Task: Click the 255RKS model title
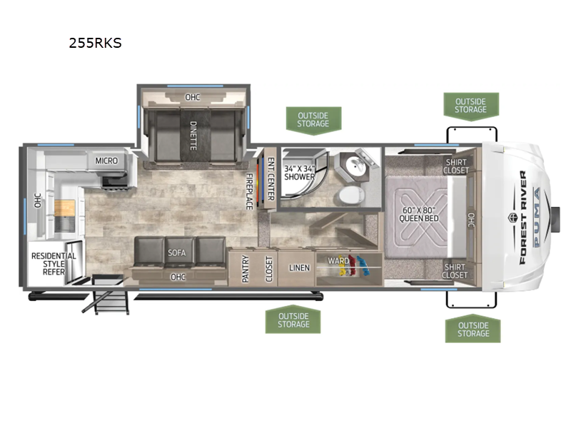tap(95, 43)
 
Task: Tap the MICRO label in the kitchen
tap(106, 160)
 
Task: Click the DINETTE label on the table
tap(193, 136)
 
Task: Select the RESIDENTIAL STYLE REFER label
tap(54, 263)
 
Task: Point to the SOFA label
tap(176, 253)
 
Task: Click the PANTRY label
tap(246, 269)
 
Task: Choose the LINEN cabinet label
tap(299, 268)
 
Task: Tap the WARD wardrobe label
tap(338, 260)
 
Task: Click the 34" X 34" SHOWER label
tap(299, 173)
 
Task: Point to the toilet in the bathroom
tap(351, 195)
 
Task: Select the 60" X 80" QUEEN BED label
tap(419, 214)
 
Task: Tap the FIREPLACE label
tap(249, 191)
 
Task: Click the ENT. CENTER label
tap(271, 179)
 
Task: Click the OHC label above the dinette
tap(192, 97)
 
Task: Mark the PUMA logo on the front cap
tap(537, 218)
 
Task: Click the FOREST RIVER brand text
tap(523, 218)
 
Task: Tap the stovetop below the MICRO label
tap(114, 182)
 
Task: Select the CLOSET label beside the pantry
tap(269, 269)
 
